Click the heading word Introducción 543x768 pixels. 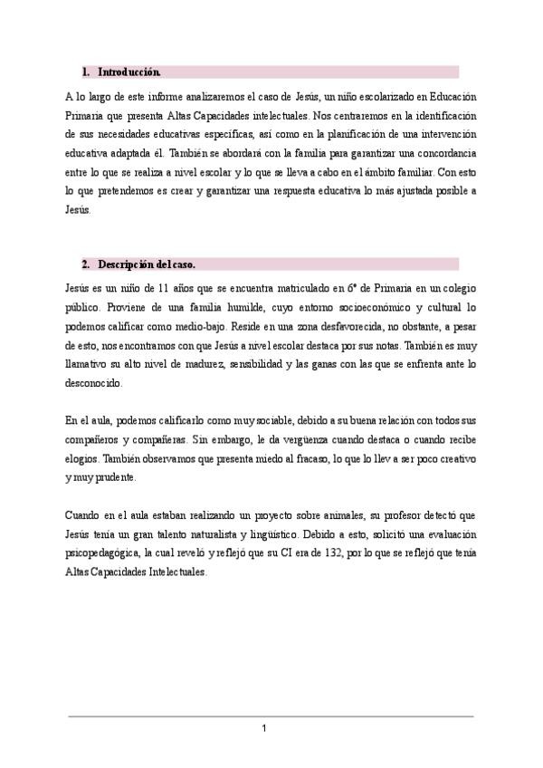click(129, 72)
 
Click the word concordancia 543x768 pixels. click(439, 153)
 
